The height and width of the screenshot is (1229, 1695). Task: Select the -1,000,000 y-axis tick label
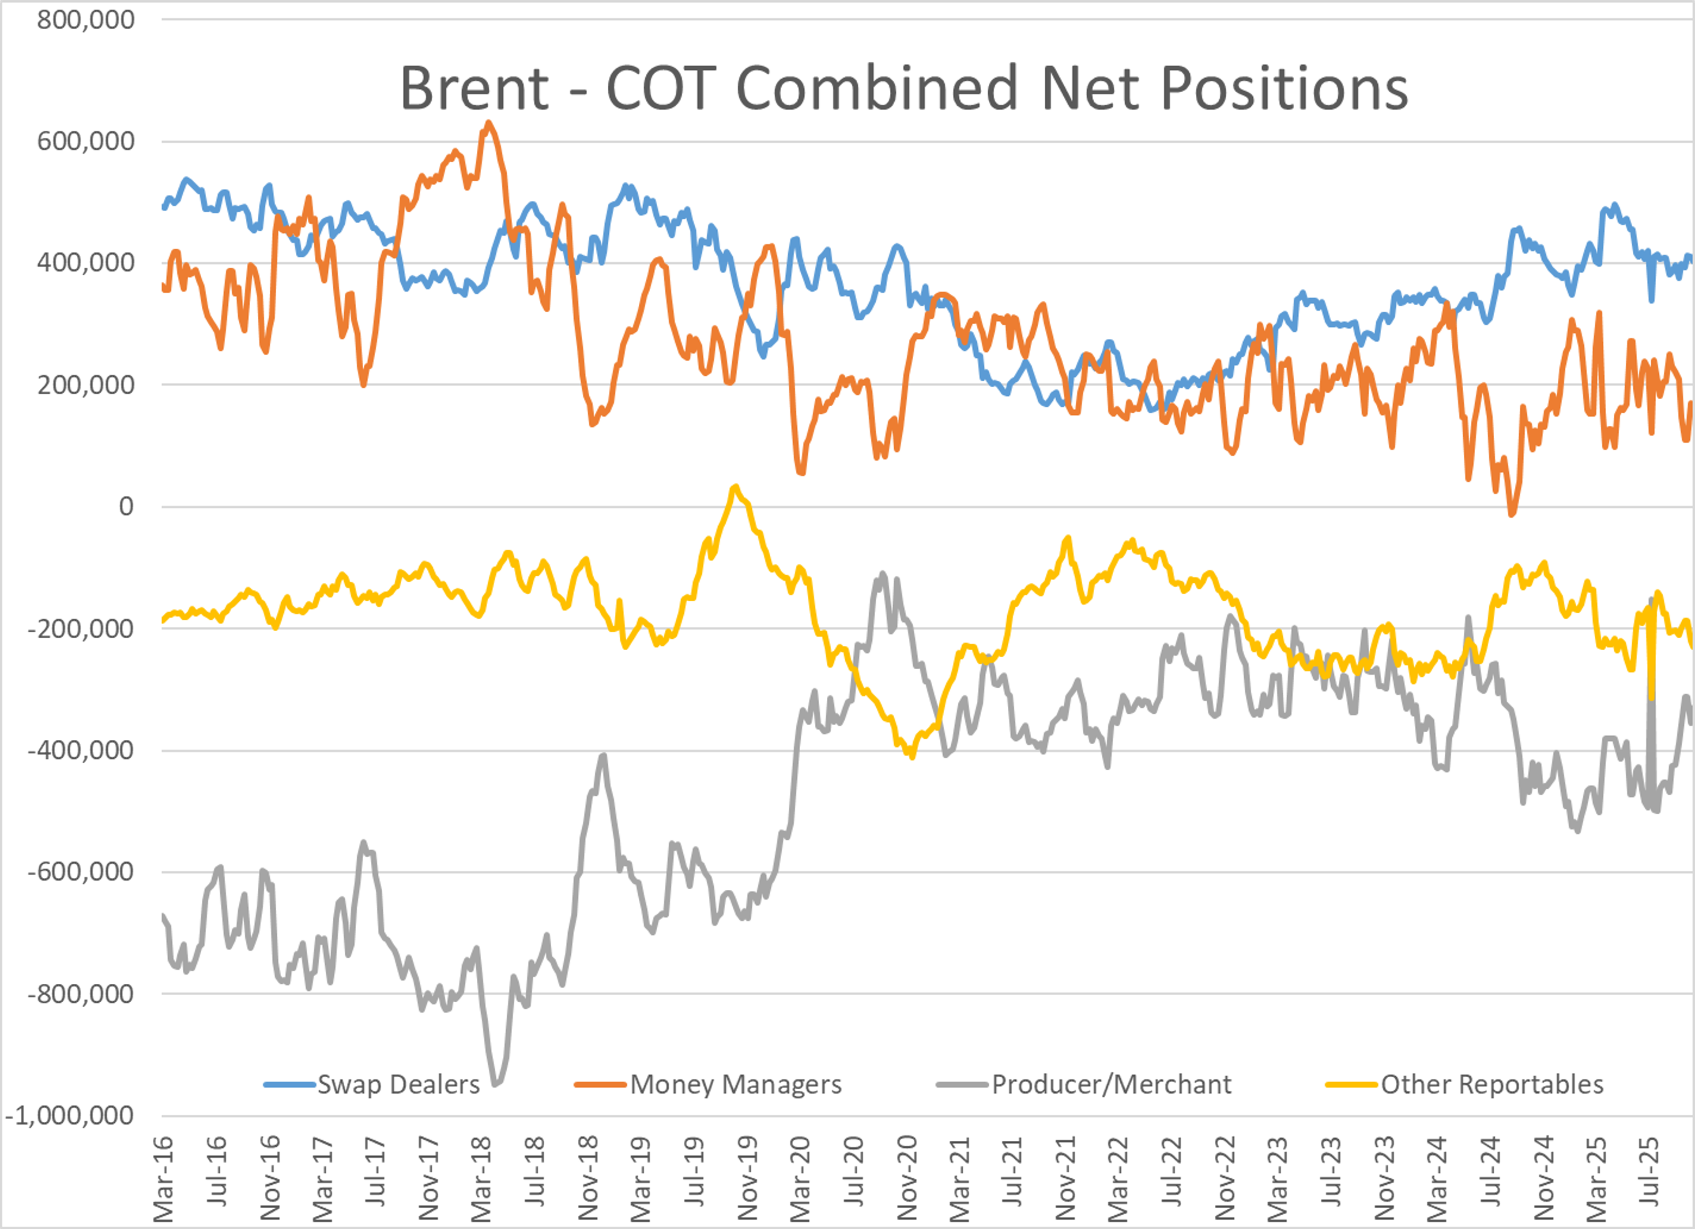pyautogui.click(x=69, y=1116)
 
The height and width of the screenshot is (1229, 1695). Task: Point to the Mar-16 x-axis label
pyautogui.click(x=163, y=1179)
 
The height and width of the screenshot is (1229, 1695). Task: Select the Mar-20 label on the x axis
pyautogui.click(x=800, y=1179)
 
